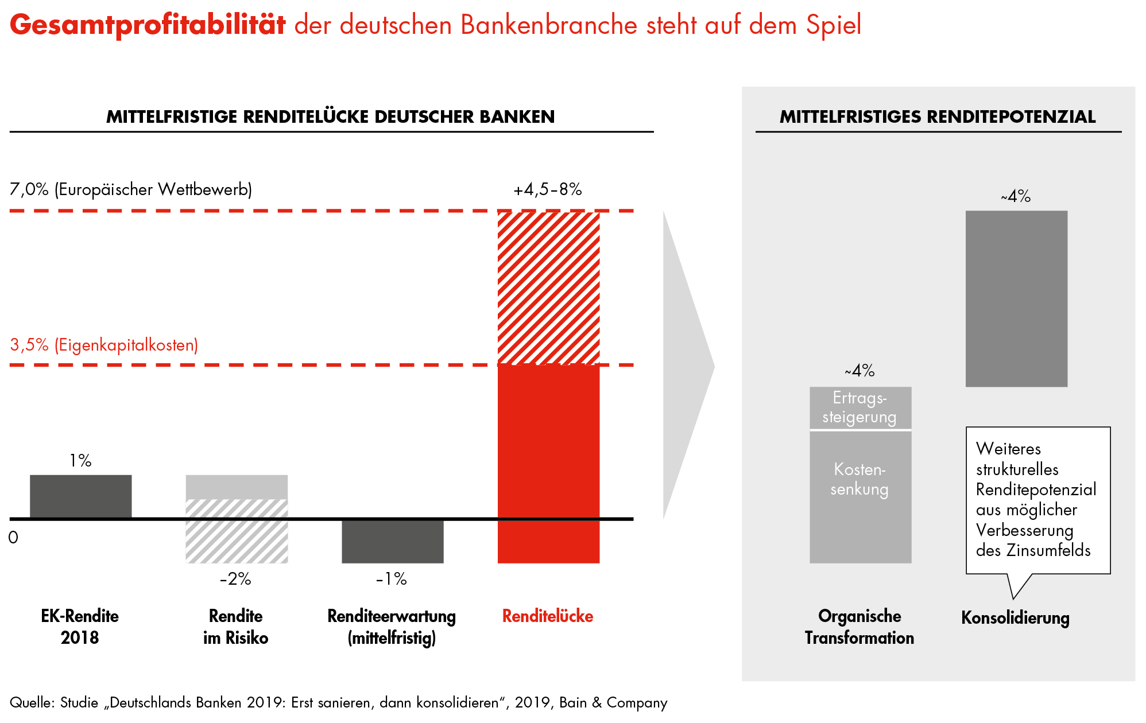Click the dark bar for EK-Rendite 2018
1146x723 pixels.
point(80,496)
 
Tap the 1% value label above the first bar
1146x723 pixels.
point(80,460)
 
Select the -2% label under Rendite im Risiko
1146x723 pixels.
point(235,578)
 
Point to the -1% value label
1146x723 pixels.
point(392,578)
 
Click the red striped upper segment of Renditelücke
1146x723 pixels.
point(548,287)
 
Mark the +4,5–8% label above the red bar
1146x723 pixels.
point(548,189)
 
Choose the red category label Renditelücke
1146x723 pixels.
point(548,616)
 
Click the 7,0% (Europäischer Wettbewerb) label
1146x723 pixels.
point(131,189)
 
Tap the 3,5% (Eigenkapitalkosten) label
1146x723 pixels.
point(104,345)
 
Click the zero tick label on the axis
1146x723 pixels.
point(13,538)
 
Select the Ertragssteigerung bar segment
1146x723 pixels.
point(860,407)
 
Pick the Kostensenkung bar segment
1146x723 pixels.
point(860,496)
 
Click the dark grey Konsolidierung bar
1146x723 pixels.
point(1016,298)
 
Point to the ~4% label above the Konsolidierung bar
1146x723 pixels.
point(1016,196)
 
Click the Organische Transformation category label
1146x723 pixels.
point(859,627)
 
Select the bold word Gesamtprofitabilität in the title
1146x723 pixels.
point(148,25)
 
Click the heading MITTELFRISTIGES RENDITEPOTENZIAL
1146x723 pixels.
point(938,116)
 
